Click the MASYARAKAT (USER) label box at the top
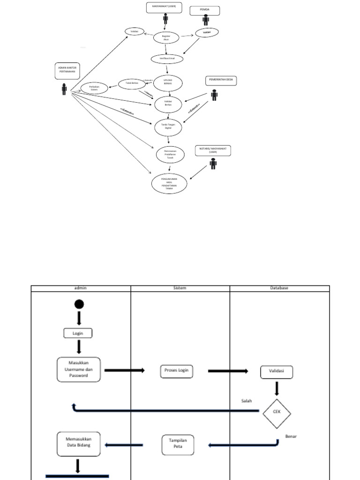(165, 7)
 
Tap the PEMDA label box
(204, 10)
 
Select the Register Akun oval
(166, 37)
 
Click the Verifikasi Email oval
(167, 59)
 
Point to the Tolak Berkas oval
(131, 83)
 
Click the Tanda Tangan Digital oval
(168, 126)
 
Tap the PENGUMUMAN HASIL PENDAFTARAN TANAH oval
(169, 183)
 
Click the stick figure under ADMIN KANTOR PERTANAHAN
(64, 89)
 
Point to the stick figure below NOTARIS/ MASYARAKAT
(213, 164)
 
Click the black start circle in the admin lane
(79, 304)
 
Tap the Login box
(78, 333)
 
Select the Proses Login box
(176, 371)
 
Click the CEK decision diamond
(277, 413)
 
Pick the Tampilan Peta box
(178, 445)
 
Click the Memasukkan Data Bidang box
(78, 443)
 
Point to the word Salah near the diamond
(247, 401)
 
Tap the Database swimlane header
(279, 288)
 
